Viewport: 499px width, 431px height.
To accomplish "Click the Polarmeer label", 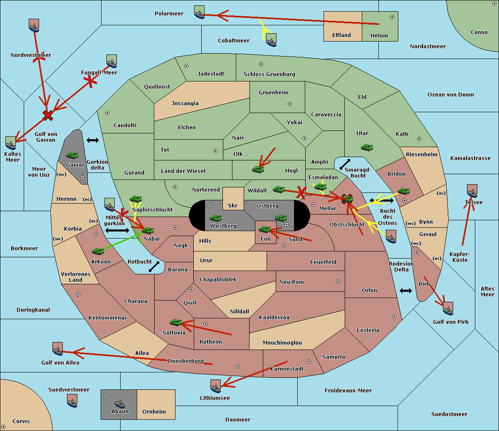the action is coord(169,14).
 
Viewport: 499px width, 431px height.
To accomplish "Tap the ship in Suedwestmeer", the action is coord(72,401).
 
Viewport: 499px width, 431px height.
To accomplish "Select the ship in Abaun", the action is coord(120,404).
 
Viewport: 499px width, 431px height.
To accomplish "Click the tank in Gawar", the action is coord(72,155).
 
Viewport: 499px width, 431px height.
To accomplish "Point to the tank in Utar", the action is coord(367,147).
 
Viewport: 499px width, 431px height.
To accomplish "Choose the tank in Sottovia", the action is coord(176,322).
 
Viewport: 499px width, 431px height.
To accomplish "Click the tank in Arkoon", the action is coord(98,251).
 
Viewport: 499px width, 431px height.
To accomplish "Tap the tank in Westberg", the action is coord(215,218).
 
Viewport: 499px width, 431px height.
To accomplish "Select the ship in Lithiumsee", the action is coord(215,387).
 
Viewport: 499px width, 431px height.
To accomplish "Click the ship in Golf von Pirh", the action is coord(448,308).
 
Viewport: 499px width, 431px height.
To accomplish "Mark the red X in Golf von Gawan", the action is coord(48,116).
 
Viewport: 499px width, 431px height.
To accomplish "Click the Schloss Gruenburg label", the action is coord(269,74).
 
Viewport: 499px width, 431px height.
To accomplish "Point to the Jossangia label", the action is coord(185,103).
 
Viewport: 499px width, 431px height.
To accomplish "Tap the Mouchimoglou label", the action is coord(282,342).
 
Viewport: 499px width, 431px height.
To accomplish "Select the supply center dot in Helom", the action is coord(392,17).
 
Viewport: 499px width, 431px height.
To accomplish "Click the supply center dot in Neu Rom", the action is coord(338,281).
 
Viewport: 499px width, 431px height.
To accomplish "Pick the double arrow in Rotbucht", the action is coord(154,267).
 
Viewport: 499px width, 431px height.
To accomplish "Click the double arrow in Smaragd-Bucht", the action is coord(345,164).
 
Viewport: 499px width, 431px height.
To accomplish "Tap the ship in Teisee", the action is coord(472,191).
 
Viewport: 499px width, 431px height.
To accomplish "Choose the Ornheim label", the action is coord(154,411).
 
